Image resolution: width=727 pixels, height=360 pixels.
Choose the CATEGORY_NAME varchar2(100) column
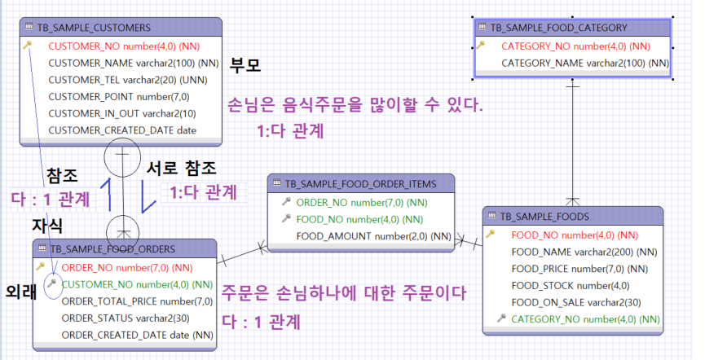coord(584,63)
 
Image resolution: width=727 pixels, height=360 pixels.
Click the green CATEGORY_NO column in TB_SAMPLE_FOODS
coord(585,318)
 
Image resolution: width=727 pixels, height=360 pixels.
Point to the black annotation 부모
coord(245,65)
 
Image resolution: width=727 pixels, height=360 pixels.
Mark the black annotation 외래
coord(20,292)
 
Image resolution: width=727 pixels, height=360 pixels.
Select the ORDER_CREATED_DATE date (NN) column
coord(137,335)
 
